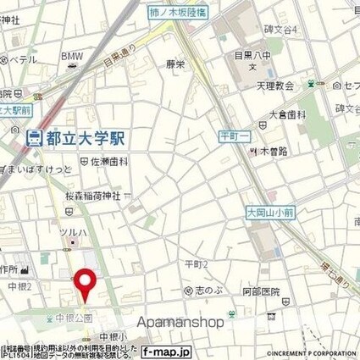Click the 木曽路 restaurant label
coord(270,152)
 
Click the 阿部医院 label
coord(260,292)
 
